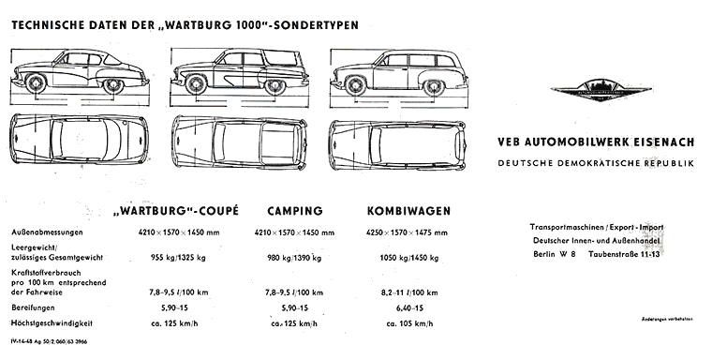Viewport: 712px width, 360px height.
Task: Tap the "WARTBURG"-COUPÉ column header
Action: pos(174,210)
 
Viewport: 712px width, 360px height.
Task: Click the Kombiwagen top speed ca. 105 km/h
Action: pos(397,322)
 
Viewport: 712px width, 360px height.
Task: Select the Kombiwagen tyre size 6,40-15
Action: pos(396,307)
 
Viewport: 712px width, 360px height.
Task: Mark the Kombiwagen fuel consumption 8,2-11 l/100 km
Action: pos(397,291)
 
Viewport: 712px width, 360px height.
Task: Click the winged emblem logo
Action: pos(597,89)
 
